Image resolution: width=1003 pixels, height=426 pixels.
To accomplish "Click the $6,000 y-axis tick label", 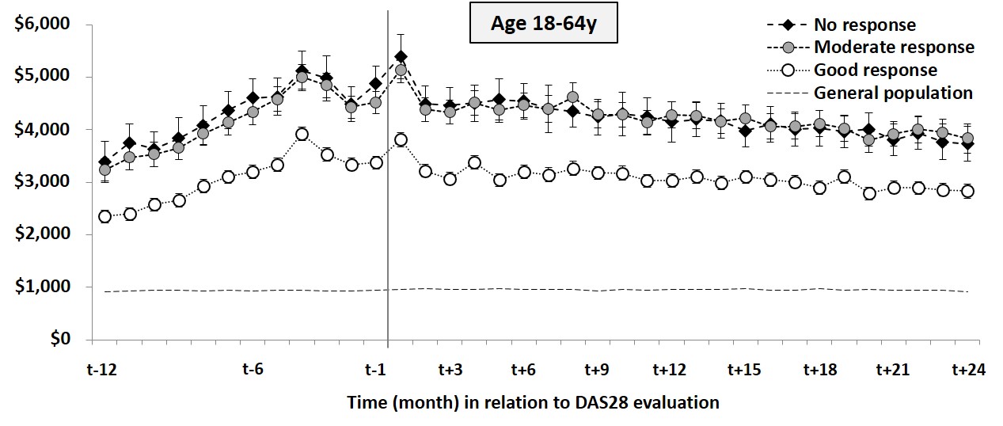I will point(42,25).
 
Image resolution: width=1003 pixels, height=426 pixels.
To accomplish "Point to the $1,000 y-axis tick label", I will point(42,287).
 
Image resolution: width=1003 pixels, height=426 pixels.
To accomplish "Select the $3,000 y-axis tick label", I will point(42,182).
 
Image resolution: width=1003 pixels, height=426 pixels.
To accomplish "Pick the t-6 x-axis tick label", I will point(253,369).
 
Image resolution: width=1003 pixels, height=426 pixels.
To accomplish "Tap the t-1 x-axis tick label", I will point(376,369).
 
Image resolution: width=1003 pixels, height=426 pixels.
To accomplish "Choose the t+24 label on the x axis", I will point(967,369).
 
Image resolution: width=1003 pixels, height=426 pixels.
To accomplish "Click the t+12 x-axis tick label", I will point(669,369).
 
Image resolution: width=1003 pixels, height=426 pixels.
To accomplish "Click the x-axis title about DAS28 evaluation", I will point(533,402).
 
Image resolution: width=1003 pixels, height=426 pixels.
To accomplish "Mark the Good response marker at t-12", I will point(105,216).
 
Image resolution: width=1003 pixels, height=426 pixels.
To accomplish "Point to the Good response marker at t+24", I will point(967,191).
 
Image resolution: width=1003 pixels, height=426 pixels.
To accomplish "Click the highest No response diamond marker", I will point(401,56).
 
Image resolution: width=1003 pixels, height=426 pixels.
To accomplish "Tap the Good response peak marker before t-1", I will point(302,135).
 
